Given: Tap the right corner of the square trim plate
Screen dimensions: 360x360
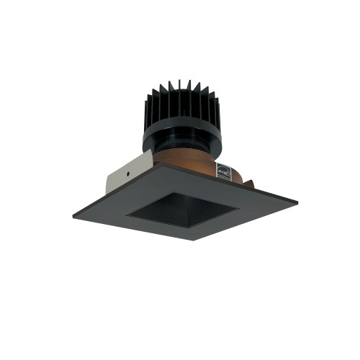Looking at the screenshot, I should click(x=297, y=199).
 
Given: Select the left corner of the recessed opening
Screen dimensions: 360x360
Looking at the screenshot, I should click(x=127, y=214).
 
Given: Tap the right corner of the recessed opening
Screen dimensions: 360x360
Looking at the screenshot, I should click(x=238, y=207).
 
